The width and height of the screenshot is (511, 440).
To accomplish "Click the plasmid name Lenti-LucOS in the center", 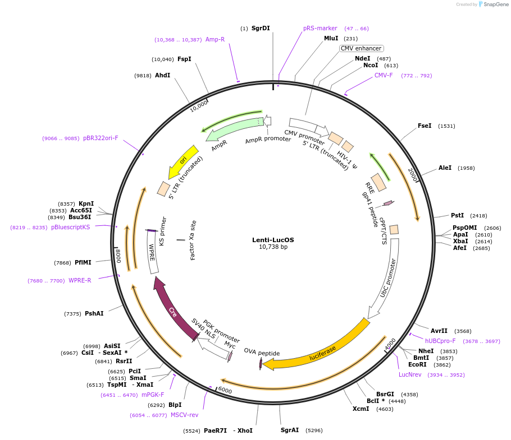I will (273, 239).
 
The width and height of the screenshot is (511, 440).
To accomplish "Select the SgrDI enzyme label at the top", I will (261, 28).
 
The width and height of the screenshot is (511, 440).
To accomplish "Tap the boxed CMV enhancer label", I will (361, 48).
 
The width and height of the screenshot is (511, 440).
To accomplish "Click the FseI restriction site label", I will (425, 126).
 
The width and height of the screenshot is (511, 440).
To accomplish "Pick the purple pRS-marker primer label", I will (320, 28).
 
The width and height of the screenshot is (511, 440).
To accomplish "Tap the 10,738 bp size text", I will (273, 247).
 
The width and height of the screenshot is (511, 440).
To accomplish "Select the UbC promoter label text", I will (388, 278).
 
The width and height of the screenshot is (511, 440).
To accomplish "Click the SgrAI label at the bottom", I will (290, 430).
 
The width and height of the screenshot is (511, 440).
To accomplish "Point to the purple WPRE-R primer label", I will (80, 280).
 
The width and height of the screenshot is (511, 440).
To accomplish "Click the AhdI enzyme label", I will (162, 75).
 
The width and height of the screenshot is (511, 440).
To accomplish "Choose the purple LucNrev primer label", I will (410, 374).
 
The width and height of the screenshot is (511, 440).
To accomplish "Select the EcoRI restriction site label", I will (418, 364).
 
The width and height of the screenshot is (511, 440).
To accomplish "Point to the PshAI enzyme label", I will (94, 313).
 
